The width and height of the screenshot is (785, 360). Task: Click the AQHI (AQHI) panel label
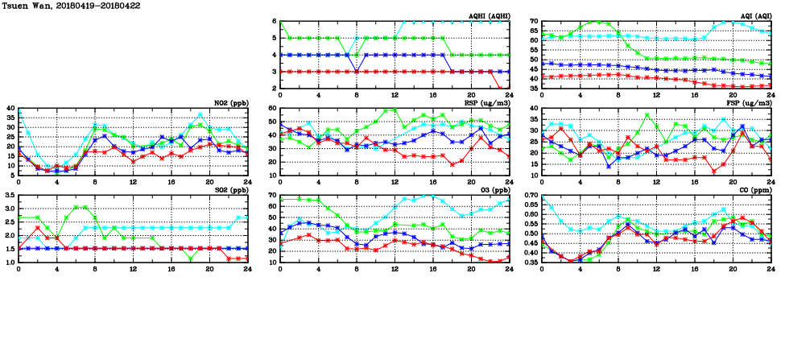coord(489,16)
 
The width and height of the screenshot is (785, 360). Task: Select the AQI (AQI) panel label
coord(752,16)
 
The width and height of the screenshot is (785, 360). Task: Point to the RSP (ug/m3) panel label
coord(488,103)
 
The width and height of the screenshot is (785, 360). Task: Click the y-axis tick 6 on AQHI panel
coord(275,22)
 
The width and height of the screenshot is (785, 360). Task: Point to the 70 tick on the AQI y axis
coord(534,22)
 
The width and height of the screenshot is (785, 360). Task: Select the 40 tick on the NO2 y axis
coord(10,109)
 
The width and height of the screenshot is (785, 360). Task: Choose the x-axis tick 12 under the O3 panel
coord(395,269)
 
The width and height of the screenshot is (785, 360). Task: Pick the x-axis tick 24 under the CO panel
coord(771,269)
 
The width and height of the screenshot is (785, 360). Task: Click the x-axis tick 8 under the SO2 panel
coord(96,269)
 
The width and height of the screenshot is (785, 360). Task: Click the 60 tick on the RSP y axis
coord(272,109)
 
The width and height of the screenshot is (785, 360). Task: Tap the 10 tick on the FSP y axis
coord(534,176)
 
